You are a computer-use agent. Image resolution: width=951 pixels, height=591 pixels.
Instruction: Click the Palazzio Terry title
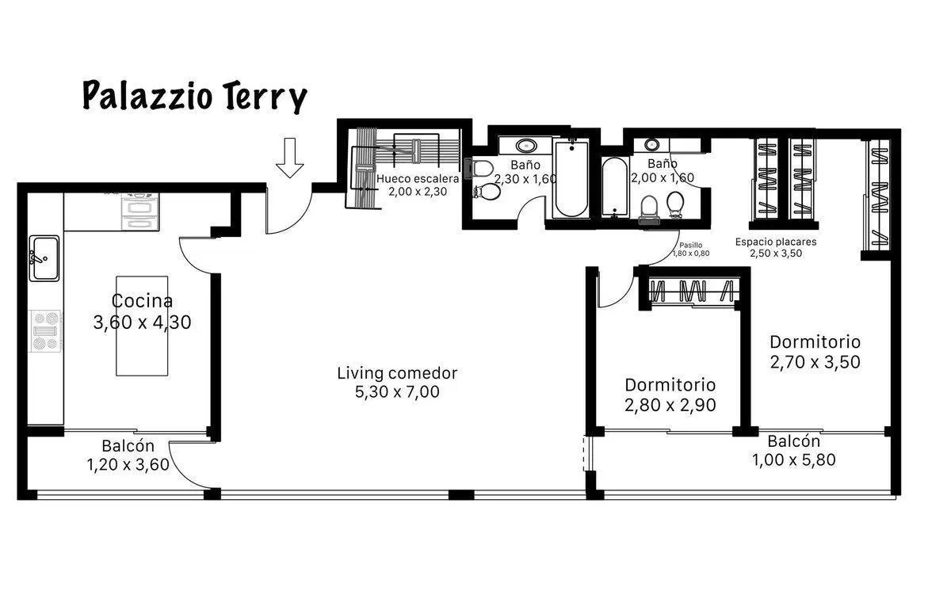[x=194, y=97]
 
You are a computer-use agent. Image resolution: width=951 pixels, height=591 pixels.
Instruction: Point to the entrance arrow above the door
[x=289, y=158]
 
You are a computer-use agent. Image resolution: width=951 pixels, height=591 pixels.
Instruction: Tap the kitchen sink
[x=44, y=258]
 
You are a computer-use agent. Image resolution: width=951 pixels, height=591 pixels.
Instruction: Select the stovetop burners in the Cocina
[x=45, y=331]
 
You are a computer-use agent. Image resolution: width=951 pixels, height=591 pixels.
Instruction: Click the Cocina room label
[x=142, y=301]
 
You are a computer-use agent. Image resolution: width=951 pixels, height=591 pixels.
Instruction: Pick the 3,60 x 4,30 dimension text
[x=142, y=322]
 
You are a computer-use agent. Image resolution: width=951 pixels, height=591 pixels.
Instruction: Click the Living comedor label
[x=397, y=373]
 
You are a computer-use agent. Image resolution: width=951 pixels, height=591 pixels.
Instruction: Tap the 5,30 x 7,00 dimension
[x=397, y=391]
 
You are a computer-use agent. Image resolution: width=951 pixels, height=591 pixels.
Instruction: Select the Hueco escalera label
[x=418, y=178]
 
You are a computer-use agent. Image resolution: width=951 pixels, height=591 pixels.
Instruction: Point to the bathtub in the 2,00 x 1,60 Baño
[x=615, y=187]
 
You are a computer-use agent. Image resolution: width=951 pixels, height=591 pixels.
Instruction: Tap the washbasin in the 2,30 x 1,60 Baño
[x=526, y=146]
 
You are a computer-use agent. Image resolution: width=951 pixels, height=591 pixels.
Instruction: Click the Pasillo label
[x=691, y=245]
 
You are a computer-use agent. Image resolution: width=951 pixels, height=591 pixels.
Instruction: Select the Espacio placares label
[x=776, y=242]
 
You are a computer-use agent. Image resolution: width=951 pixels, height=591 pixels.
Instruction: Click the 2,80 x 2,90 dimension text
[x=670, y=405]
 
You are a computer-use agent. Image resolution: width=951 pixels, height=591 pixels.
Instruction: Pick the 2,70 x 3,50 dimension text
[x=815, y=362]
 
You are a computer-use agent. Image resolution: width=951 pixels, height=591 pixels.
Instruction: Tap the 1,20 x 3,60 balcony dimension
[x=128, y=464]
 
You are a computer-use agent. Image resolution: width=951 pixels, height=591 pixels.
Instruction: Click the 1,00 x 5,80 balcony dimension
[x=794, y=459]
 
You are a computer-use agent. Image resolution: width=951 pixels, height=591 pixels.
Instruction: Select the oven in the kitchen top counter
[x=139, y=212]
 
